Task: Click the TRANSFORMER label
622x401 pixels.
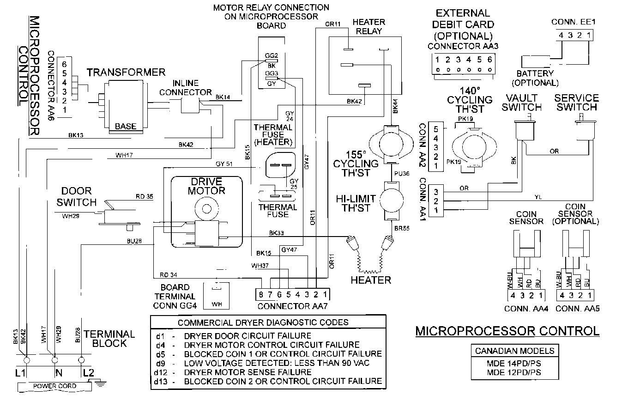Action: click(x=126, y=72)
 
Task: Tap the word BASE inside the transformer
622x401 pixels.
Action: click(x=125, y=126)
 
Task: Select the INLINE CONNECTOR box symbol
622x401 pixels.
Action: click(x=188, y=106)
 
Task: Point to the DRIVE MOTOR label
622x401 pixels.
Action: click(x=206, y=186)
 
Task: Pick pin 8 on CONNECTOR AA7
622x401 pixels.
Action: click(x=261, y=294)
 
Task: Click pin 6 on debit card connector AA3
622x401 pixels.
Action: click(x=489, y=60)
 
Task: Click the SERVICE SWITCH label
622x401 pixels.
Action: click(x=576, y=103)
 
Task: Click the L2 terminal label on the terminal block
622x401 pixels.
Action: click(x=87, y=372)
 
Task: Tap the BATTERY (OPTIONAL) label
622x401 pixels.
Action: click(x=535, y=78)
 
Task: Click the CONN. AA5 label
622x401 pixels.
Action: click(x=577, y=309)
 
